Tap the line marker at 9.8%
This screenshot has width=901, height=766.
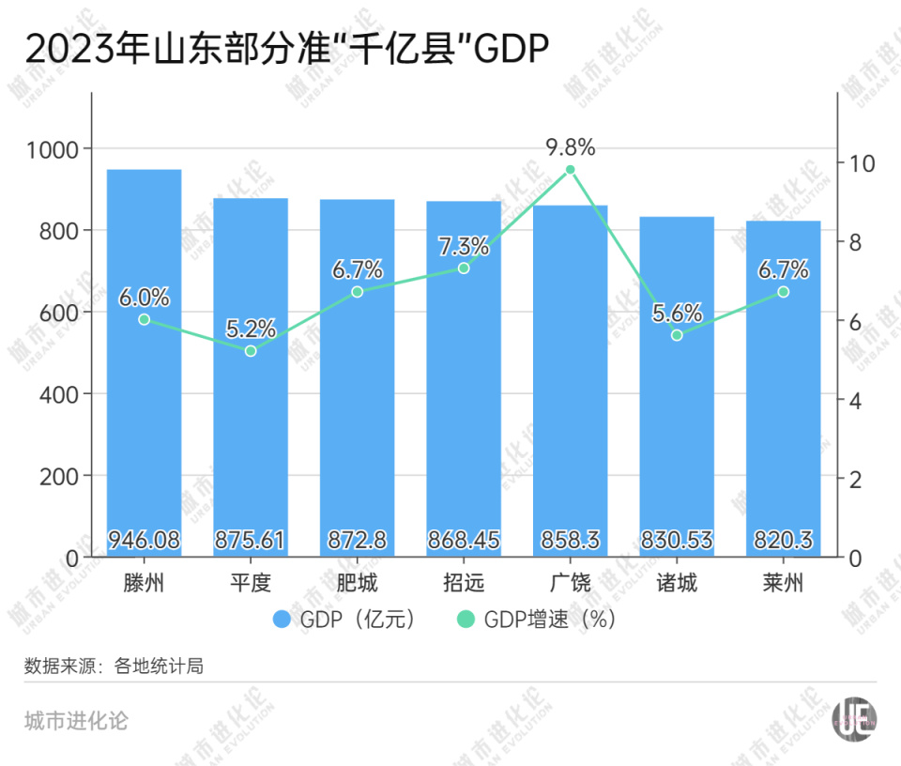570,170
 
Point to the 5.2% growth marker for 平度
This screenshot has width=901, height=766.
251,351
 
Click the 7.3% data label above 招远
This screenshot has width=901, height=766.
464,247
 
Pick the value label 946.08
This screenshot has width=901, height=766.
144,541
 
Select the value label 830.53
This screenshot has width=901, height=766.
677,541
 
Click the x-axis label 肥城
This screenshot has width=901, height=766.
357,584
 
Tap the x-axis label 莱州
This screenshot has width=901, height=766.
783,584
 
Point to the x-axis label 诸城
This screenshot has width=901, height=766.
677,584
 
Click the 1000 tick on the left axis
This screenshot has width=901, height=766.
56,149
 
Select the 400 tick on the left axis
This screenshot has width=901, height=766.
61,394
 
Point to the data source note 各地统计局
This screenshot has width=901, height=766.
114,666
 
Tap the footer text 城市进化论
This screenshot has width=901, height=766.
76,721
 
